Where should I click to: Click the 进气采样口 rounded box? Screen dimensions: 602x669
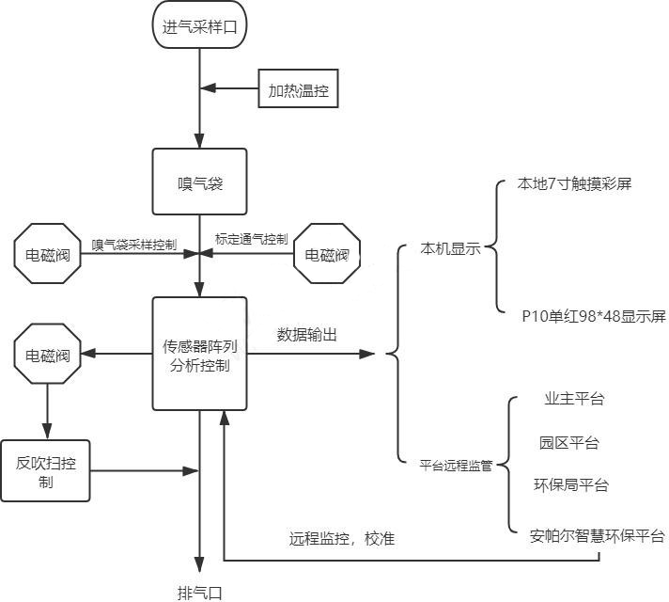coord(199,26)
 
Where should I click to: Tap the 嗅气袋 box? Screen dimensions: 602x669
coord(199,182)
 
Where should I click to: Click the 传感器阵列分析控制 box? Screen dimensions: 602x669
coord(199,354)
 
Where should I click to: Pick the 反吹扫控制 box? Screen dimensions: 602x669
coord(46,470)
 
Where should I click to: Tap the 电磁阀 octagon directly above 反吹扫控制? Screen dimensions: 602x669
coord(47,355)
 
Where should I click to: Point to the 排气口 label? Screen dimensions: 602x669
coord(200,592)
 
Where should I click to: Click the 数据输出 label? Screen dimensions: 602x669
coord(307,334)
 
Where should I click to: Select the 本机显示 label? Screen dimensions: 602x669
coord(451,249)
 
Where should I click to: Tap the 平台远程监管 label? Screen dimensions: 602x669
coord(456,464)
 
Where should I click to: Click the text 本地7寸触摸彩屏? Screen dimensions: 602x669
coord(574,184)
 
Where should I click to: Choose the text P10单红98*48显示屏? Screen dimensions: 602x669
coord(594,316)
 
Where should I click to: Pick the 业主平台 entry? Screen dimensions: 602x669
coord(573,399)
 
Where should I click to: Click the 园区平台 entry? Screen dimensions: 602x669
coord(568,442)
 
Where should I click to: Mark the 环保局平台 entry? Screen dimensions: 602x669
coord(570,485)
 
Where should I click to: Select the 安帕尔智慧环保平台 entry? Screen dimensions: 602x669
coord(597,536)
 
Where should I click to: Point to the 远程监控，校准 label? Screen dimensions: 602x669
coord(342,539)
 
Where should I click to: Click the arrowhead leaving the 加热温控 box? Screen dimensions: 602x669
coord(210,89)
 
